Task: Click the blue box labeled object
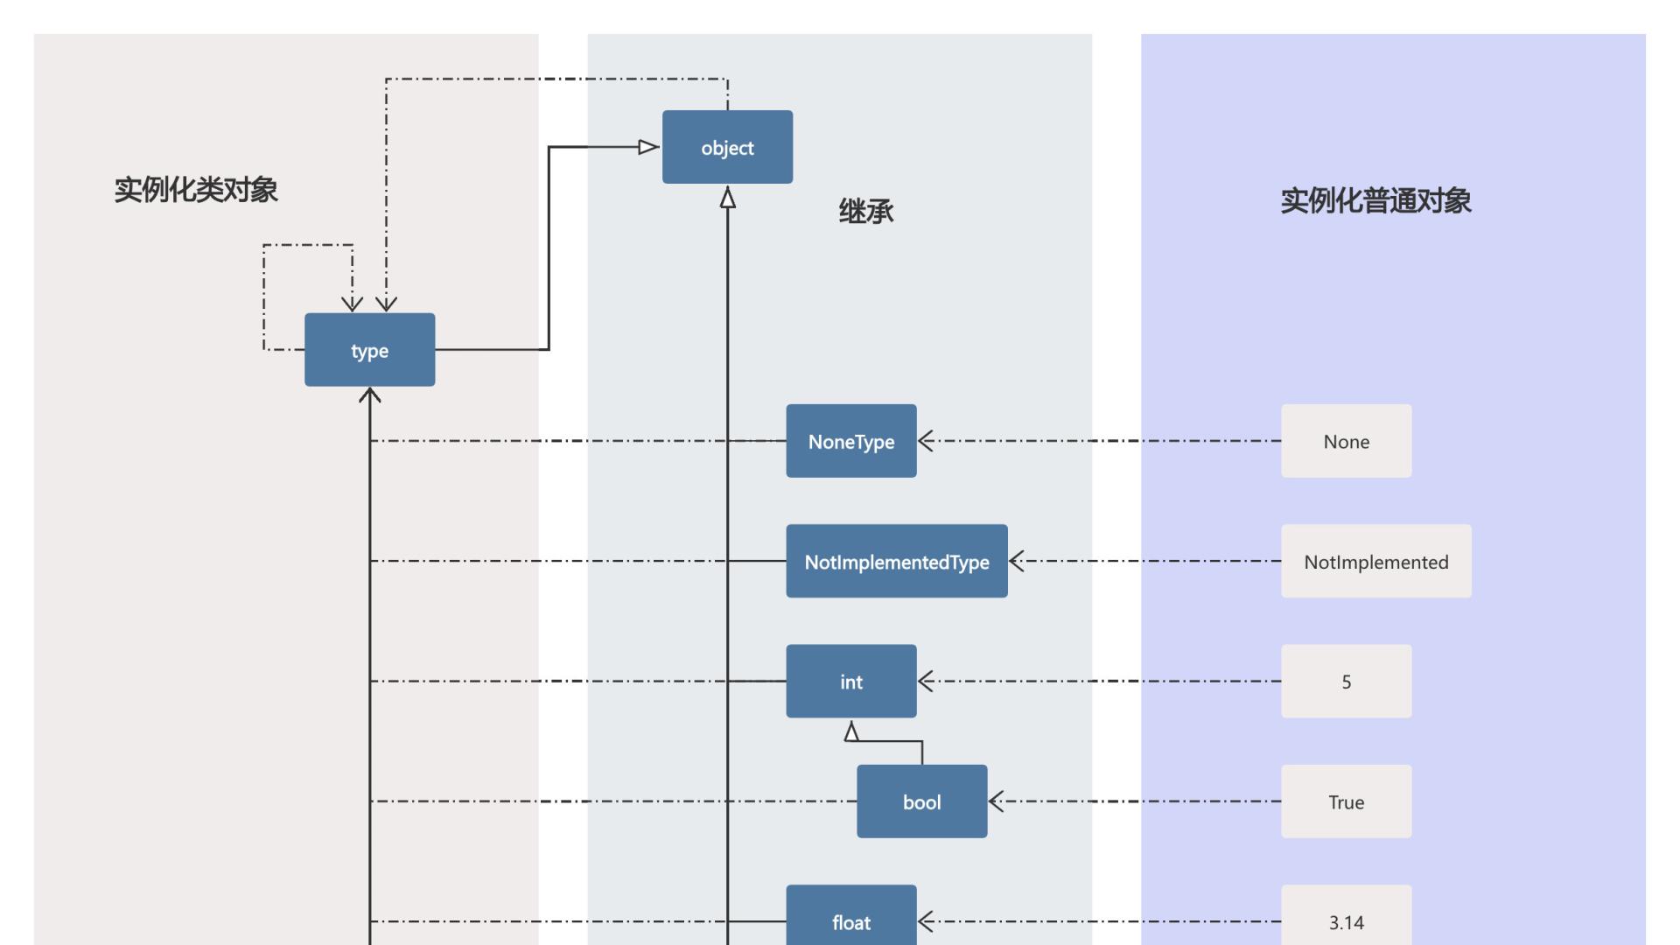(727, 147)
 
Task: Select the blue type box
(369, 350)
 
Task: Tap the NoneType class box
(850, 441)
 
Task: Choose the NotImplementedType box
(896, 561)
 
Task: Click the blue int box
(850, 682)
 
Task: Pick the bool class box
(921, 801)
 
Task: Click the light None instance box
(1346, 441)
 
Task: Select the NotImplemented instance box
(1375, 561)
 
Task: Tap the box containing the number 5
(1346, 682)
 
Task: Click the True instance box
(1346, 801)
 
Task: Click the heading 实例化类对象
(196, 190)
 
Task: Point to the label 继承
(865, 212)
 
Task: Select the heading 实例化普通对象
(1375, 201)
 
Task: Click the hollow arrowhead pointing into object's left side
(648, 147)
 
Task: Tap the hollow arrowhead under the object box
(727, 199)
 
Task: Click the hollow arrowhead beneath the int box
(851, 731)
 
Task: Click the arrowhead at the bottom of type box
(370, 395)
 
